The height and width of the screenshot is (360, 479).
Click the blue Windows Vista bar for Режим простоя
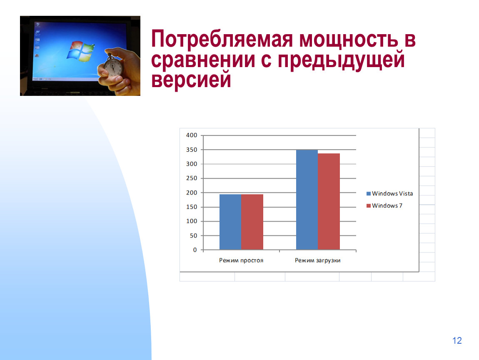click(230, 222)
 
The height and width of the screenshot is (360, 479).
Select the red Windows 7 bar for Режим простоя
click(252, 222)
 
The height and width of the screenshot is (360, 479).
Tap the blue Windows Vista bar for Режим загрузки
click(307, 200)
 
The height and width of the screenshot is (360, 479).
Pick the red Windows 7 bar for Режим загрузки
click(329, 201)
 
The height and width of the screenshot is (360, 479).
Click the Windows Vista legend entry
click(389, 193)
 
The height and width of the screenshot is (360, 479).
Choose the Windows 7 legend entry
click(384, 206)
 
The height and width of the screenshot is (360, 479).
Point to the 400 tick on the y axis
click(192, 135)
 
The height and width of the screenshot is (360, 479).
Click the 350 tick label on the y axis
click(192, 150)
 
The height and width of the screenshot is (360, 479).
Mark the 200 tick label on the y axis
click(192, 192)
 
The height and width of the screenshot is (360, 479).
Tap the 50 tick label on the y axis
click(193, 235)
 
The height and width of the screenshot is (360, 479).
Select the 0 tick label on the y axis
click(195, 250)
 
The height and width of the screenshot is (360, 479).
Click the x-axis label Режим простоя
click(241, 260)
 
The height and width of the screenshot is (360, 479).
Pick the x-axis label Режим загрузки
click(317, 260)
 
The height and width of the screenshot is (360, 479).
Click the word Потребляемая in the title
click(222, 40)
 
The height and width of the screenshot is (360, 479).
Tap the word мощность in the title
click(349, 39)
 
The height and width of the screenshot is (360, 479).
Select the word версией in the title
click(191, 80)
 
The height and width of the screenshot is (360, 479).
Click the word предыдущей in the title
click(341, 60)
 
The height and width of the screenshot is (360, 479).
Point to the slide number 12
click(457, 340)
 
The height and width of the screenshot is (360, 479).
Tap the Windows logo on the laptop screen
click(80, 51)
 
